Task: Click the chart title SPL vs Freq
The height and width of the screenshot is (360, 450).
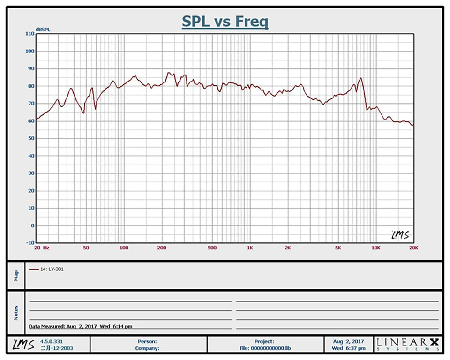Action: pyautogui.click(x=225, y=22)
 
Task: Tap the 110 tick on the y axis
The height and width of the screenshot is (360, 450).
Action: pyautogui.click(x=30, y=34)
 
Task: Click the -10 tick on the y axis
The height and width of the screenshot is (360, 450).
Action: pyautogui.click(x=30, y=243)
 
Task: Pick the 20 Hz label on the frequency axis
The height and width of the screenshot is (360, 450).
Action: pyautogui.click(x=41, y=247)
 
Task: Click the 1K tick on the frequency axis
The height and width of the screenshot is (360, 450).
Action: pyautogui.click(x=250, y=247)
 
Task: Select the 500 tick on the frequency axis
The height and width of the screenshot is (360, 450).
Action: pyautogui.click(x=212, y=247)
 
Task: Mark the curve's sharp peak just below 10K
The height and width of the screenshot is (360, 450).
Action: pyautogui.click(x=361, y=78)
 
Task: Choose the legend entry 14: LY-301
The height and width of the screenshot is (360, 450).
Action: pyautogui.click(x=47, y=270)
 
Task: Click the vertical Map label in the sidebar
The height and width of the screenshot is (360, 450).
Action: pyautogui.click(x=16, y=275)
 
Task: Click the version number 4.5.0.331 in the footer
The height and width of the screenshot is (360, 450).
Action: pyautogui.click(x=51, y=342)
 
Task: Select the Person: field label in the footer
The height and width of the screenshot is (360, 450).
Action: pyautogui.click(x=147, y=342)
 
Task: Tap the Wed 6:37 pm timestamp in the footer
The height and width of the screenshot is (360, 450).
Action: pyautogui.click(x=349, y=348)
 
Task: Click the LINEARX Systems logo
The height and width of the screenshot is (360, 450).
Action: pyautogui.click(x=408, y=345)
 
